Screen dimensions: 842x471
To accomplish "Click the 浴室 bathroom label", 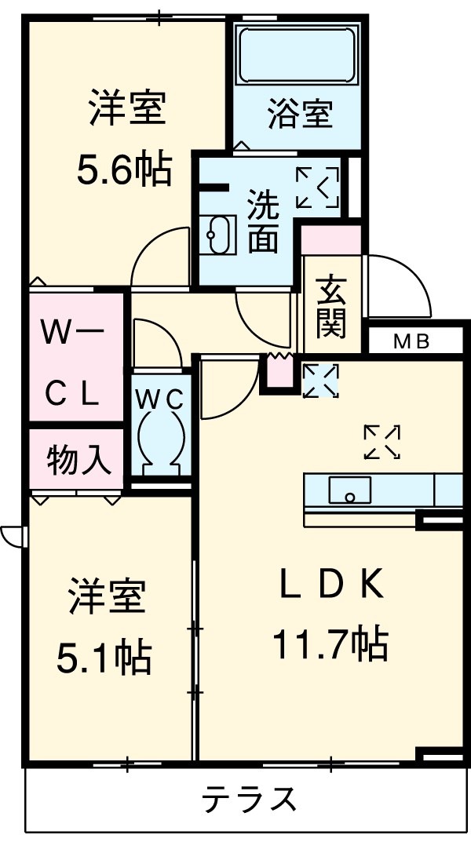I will click(x=299, y=115).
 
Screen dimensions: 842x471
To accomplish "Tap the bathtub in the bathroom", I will click(x=297, y=54).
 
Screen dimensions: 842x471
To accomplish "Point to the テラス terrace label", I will click(x=250, y=800).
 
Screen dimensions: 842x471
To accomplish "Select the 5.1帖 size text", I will click(x=104, y=657).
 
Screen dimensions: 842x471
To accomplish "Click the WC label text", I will click(x=160, y=399).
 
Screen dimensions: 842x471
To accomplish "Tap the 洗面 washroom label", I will click(x=262, y=222).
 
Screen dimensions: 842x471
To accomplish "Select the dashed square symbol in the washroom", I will click(x=318, y=188).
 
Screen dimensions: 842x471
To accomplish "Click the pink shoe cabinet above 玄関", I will click(x=331, y=239).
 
